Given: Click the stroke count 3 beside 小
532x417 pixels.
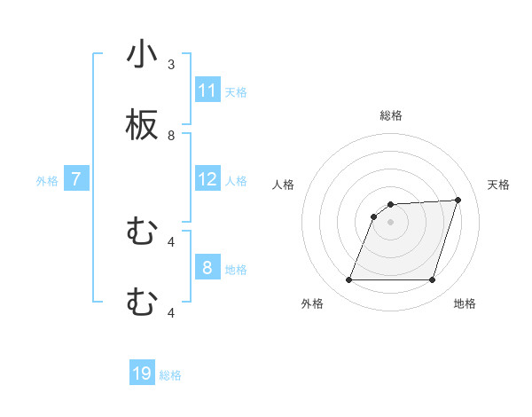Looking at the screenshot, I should pos(171,64).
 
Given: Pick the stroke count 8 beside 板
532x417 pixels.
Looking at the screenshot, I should pos(171,136).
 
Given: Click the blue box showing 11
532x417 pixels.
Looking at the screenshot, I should pos(207,90).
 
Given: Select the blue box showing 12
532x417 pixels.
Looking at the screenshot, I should pos(207,180).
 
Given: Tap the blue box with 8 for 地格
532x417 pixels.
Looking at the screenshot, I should pos(207,268).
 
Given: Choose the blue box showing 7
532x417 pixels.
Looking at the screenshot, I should pos(76,179).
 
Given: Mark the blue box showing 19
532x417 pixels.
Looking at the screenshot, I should pos(142,374).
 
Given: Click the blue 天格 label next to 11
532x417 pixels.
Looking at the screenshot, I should pos(236,91).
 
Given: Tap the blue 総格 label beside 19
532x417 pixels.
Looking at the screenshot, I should pos(170,375).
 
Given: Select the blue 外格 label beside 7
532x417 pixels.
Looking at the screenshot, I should pos(47,180).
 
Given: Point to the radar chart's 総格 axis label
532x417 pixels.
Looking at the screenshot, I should pos(391,115).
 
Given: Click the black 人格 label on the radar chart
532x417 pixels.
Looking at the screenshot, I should pos(284,185).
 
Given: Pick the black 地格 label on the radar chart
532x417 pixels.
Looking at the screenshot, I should pos(465,303).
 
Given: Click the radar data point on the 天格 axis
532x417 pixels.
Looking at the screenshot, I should pos(458,200).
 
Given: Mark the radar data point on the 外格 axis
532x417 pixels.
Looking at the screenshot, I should pos(349,280).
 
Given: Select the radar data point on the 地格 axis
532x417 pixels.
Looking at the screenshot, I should pos(433,280).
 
